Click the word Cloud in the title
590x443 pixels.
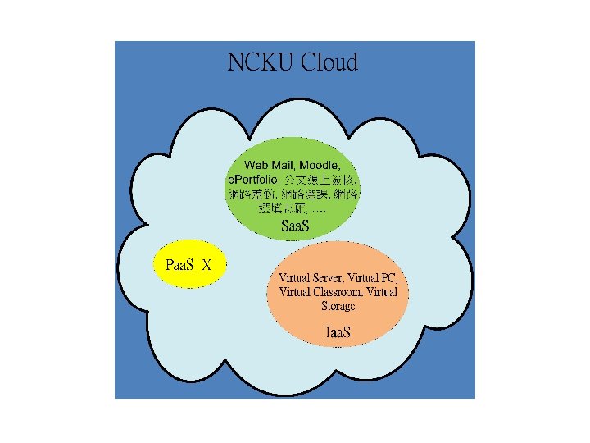[x=329, y=62]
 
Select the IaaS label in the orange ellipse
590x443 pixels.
[x=338, y=333]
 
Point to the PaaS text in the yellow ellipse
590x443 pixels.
[x=179, y=264]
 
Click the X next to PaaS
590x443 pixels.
[x=207, y=264]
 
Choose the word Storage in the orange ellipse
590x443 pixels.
[x=338, y=306]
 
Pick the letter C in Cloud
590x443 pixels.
[x=309, y=62]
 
